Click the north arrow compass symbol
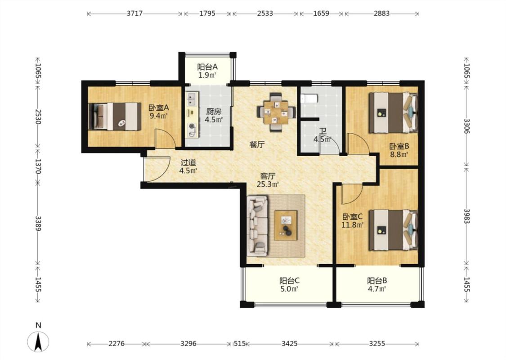(x=38, y=342)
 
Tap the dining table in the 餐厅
(x=276, y=112)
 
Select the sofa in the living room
(x=258, y=226)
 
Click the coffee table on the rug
(x=286, y=225)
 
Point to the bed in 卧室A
(x=115, y=117)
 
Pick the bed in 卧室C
(x=394, y=230)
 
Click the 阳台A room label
(x=207, y=67)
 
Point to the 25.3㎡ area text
(x=268, y=184)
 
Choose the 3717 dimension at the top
(x=134, y=13)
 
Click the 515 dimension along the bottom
(x=240, y=343)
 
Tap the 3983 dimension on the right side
(x=466, y=216)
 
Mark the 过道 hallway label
(x=188, y=162)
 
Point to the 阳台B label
(x=377, y=280)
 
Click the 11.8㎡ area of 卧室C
(x=353, y=225)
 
